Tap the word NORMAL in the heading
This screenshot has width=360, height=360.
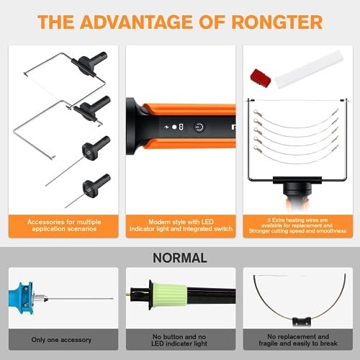pos(179,257)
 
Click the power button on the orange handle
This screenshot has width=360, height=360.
pos(199,127)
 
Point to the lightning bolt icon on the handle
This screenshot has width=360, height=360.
pos(166,127)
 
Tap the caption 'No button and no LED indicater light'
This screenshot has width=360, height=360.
pos(179,340)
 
